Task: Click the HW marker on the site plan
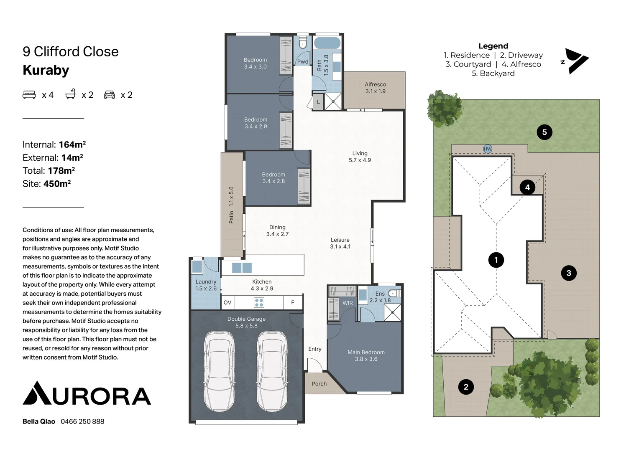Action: pyautogui.click(x=488, y=149)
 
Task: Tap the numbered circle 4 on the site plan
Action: pyautogui.click(x=527, y=187)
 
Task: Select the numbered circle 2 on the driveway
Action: pyautogui.click(x=466, y=387)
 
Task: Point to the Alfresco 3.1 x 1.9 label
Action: pyautogui.click(x=376, y=88)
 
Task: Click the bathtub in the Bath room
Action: pyautogui.click(x=327, y=43)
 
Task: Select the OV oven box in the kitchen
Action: pyautogui.click(x=227, y=302)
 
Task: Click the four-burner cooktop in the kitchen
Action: pyautogui.click(x=259, y=303)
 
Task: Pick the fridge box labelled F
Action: pyautogui.click(x=293, y=303)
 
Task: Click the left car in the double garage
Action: pyautogui.click(x=219, y=371)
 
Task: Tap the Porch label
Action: pyautogui.click(x=319, y=384)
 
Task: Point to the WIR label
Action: pyautogui.click(x=348, y=303)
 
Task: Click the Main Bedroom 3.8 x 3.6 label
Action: pyautogui.click(x=366, y=355)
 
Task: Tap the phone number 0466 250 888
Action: pyautogui.click(x=82, y=421)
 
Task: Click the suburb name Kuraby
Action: pyautogui.click(x=46, y=70)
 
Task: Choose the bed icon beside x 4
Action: pyautogui.click(x=29, y=95)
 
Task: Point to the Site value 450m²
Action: pyautogui.click(x=57, y=184)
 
